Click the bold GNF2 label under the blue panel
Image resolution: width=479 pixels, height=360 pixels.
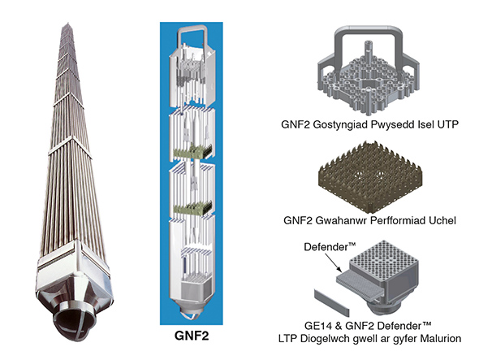click(x=192, y=336)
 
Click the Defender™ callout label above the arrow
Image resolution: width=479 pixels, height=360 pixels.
click(x=330, y=246)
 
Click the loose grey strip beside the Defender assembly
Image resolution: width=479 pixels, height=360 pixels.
click(x=332, y=303)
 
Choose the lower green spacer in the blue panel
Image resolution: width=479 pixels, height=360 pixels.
click(x=192, y=207)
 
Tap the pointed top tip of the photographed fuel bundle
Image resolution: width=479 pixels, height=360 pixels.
click(x=68, y=23)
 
